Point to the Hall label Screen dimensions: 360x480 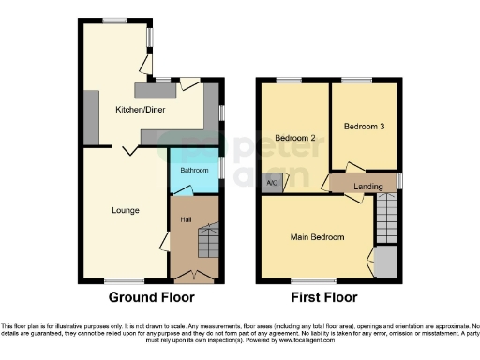coord(187,219)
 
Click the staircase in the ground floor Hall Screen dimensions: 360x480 coord(206,242)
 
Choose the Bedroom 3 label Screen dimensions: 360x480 coord(364,126)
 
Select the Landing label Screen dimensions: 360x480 coord(367,187)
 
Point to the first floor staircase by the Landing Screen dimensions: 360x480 coord(386,221)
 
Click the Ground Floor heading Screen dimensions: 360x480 coord(152,298)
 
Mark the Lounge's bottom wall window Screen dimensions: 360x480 coord(117,279)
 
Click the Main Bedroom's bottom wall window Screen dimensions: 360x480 coord(302,279)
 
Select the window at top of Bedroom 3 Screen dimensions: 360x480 coord(355,80)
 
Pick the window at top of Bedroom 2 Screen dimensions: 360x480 coord(290,80)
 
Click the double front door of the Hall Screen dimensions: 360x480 coord(193,277)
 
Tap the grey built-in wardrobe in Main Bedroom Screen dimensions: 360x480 coord(384,263)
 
